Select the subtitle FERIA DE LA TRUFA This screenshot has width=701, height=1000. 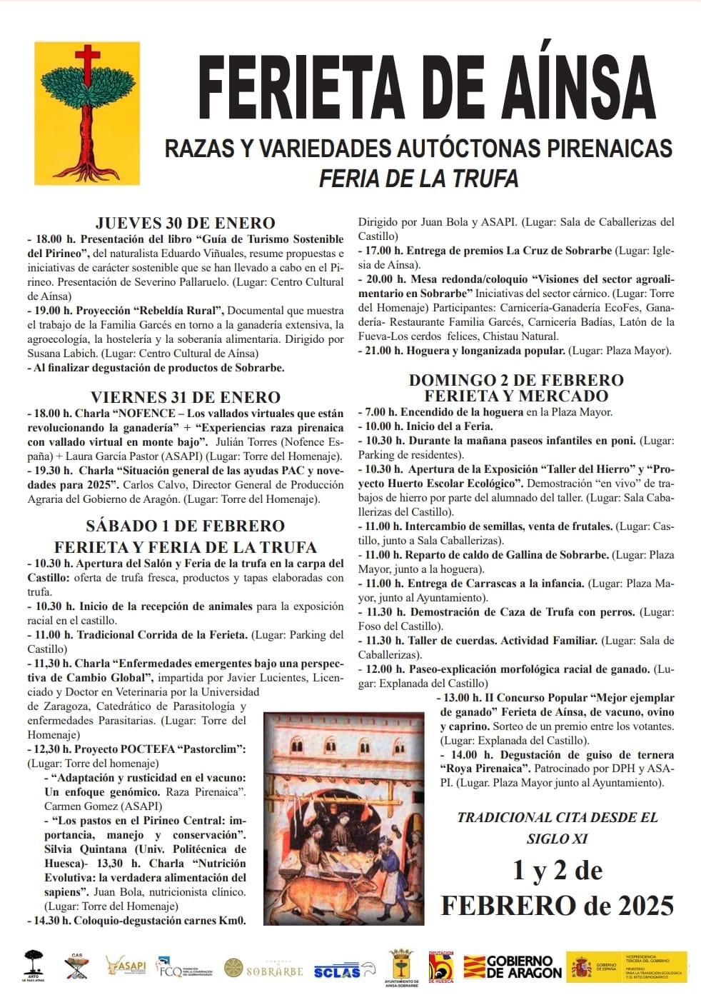click(418, 178)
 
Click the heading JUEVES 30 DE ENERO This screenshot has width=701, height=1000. click(186, 223)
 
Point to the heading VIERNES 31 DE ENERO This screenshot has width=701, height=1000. click(186, 397)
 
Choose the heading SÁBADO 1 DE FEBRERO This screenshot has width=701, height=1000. click(186, 526)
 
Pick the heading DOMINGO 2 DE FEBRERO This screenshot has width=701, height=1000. click(516, 380)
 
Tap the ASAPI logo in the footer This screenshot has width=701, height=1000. click(126, 966)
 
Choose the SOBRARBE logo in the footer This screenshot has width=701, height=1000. click(264, 969)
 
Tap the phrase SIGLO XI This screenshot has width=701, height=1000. click(557, 839)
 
